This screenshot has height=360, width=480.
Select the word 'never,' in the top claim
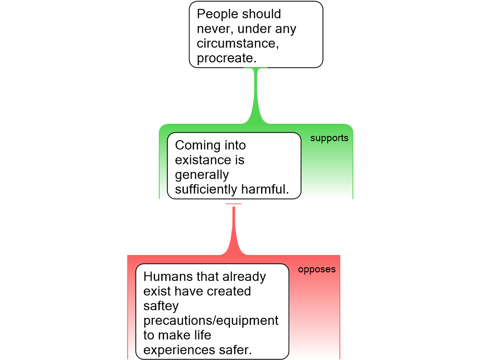point(215,29)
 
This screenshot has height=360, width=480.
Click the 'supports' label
point(329,138)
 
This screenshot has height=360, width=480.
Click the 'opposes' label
point(317,270)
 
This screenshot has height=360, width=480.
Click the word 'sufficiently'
point(206,189)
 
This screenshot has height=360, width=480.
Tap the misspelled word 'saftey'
point(161,306)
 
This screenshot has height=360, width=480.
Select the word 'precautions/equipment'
point(211,321)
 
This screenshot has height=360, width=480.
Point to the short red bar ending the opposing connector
point(233,204)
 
